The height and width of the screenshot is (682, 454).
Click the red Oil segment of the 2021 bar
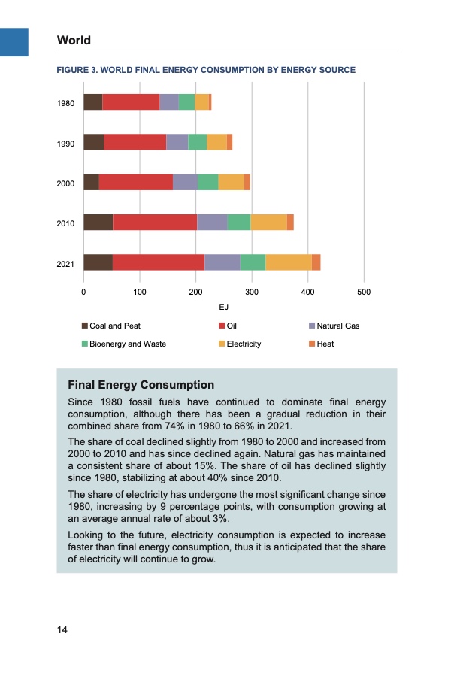coord(158,262)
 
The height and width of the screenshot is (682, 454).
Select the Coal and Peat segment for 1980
coord(92,102)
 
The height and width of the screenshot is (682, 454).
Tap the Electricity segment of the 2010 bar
coord(268,222)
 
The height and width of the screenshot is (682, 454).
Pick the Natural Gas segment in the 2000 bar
coord(185,182)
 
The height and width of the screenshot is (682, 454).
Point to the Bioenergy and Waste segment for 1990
coord(197,142)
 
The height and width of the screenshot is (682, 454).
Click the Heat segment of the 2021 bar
coord(316,262)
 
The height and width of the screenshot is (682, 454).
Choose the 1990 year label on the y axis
coord(65,143)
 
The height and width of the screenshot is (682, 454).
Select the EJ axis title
coord(223,308)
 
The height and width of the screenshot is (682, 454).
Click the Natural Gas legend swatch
coord(312,326)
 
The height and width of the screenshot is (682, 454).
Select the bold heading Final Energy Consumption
coord(141,385)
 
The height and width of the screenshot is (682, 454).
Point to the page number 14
coord(62,630)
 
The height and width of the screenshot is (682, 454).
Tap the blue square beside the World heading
coord(14,41)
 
